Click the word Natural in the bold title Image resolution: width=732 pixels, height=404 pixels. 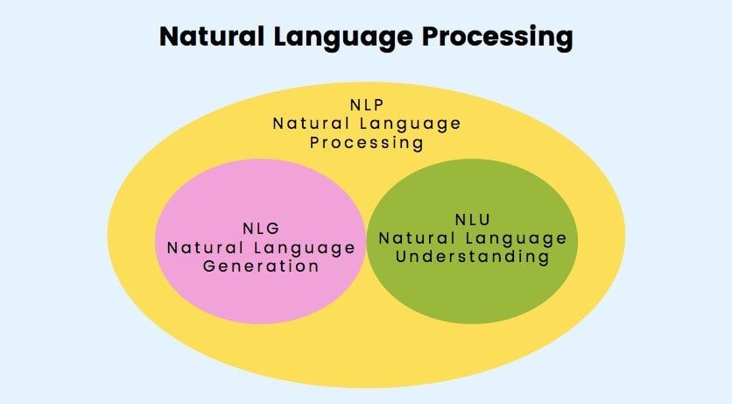point(212,36)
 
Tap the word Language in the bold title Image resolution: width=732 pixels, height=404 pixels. point(343,39)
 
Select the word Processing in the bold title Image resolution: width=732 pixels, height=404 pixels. point(497,39)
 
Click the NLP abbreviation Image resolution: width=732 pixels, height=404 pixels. point(367,104)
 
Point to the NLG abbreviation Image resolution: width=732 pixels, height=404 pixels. point(261,229)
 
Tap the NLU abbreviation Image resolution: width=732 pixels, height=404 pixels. point(473,219)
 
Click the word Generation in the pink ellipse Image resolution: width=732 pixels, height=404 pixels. point(261,266)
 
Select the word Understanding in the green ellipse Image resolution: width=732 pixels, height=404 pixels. point(473,257)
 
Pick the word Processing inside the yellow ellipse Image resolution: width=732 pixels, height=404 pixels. point(367,143)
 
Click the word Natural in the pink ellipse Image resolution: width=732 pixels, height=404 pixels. point(206,247)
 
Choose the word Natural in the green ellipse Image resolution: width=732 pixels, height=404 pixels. point(417,238)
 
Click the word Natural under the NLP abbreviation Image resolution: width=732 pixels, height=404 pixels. point(312,124)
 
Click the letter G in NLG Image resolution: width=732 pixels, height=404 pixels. point(273,229)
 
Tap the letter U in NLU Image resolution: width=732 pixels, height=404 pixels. point(485,219)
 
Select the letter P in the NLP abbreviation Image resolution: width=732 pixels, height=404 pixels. point(378,104)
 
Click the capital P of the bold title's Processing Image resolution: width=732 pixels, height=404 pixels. point(431,37)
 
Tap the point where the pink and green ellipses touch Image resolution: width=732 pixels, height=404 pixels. point(367,241)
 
